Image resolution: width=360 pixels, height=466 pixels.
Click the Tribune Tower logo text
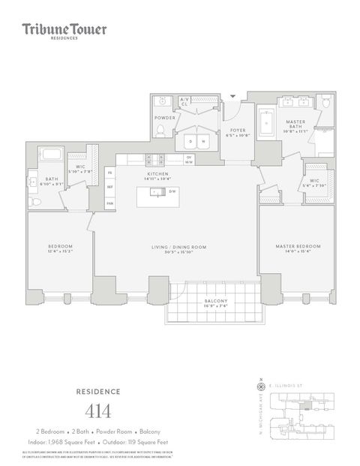tap(64, 30)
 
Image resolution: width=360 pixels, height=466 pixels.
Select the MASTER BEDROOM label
tap(298, 246)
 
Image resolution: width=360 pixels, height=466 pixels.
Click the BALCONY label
tap(216, 301)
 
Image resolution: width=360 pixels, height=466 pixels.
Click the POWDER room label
tap(164, 118)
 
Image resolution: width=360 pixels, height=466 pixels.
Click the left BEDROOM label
tap(60, 246)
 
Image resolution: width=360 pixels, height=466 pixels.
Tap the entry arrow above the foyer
tap(232, 96)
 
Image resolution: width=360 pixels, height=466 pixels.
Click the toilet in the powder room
tap(160, 131)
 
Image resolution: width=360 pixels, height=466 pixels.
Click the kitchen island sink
tap(158, 192)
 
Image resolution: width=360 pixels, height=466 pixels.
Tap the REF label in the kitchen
tap(109, 188)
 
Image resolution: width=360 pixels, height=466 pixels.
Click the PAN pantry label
tap(109, 203)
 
